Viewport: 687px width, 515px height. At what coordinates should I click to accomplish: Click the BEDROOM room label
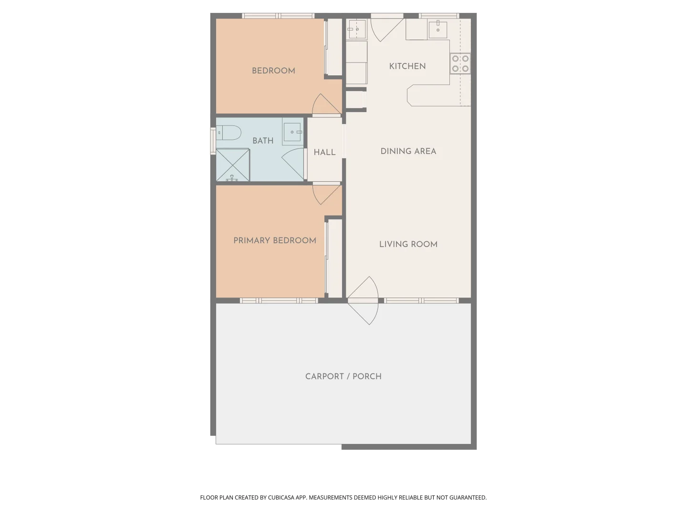(273, 71)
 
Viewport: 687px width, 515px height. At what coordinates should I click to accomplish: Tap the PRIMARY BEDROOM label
(274, 240)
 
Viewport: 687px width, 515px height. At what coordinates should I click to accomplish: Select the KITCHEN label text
(407, 66)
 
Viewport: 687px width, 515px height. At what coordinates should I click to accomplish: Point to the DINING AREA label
(408, 151)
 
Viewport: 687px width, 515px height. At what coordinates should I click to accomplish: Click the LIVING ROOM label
(408, 244)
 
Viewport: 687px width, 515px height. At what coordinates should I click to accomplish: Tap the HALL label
(324, 152)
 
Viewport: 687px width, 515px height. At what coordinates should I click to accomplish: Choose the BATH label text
(263, 141)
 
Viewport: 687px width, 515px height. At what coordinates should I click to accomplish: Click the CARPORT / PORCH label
(343, 376)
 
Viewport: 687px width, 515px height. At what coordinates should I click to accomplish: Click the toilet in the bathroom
(229, 133)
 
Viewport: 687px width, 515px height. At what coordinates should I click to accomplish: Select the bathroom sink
(292, 132)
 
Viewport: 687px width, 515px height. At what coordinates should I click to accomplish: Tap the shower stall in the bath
(233, 165)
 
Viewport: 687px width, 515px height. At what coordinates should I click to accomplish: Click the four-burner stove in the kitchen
(460, 64)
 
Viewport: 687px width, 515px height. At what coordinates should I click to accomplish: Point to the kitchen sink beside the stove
(437, 29)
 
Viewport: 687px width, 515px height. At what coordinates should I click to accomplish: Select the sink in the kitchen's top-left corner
(356, 29)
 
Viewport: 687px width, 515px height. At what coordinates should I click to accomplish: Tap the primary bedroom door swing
(325, 193)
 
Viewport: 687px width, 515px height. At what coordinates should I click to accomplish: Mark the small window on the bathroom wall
(213, 141)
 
